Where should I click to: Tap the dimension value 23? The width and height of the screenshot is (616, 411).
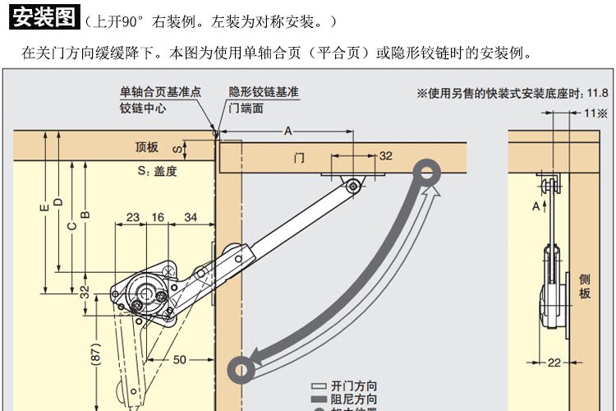point(132,218)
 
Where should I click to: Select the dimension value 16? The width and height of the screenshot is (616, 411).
point(158,218)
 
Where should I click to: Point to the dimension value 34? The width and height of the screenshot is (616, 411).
point(190,218)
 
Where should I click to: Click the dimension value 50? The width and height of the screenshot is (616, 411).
point(180,358)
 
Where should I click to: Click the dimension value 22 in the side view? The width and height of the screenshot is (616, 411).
point(554,363)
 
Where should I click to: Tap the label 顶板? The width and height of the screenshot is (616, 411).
point(147,148)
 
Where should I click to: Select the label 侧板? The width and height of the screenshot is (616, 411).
point(585,286)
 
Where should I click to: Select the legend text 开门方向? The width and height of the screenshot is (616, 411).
point(354,386)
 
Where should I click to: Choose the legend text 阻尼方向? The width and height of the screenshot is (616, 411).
point(354,399)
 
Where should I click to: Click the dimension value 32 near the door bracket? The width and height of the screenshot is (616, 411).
point(385,156)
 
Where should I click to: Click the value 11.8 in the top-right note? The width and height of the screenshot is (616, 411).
point(597,93)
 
